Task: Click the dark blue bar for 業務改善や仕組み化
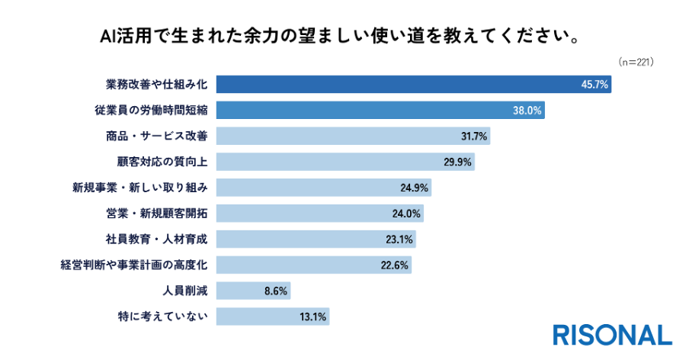tap(414, 84)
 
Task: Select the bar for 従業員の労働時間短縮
tap(380, 110)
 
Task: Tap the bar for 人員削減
tap(253, 291)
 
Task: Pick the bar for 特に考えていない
tap(273, 317)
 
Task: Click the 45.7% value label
tap(594, 85)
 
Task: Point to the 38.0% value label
tap(527, 111)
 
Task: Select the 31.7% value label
tap(474, 137)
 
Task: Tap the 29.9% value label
tap(457, 162)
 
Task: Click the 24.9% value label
tap(414, 188)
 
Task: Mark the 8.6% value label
tap(275, 291)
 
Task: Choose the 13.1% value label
tap(312, 317)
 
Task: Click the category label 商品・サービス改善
tap(156, 136)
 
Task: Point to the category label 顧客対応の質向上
tap(162, 162)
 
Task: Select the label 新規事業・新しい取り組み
tap(139, 188)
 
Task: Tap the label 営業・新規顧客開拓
tap(156, 214)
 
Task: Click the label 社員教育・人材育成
tap(156, 239)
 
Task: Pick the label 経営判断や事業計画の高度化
tap(134, 265)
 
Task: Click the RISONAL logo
tap(613, 336)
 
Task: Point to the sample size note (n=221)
tap(636, 62)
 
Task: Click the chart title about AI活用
tap(340, 36)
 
